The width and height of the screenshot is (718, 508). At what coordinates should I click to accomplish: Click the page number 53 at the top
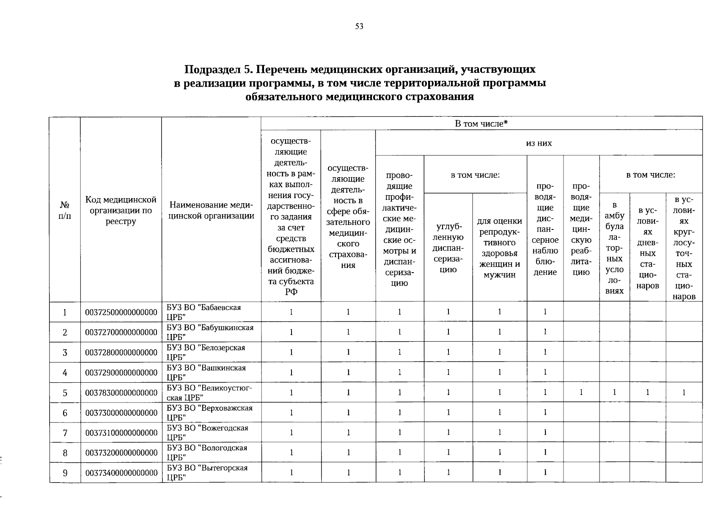point(359,27)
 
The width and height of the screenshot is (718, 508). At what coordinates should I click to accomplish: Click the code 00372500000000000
point(121,312)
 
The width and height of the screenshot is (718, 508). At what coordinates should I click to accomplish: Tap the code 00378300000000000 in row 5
point(121,393)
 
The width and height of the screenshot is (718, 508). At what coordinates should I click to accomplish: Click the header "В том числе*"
point(481,124)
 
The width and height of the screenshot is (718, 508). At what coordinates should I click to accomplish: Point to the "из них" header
point(539,143)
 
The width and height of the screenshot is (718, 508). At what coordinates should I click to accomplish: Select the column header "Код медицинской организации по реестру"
point(121,210)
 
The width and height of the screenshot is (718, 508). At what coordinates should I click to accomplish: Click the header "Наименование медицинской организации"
point(211,210)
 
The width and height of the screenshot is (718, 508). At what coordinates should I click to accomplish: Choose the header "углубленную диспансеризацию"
point(448,248)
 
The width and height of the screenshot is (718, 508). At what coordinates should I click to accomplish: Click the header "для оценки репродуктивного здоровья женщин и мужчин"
point(499,248)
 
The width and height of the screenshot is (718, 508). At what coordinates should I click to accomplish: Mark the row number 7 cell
point(65,433)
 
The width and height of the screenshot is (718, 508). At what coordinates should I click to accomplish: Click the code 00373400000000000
point(121,473)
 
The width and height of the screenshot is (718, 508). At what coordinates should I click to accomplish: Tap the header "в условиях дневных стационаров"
point(647,248)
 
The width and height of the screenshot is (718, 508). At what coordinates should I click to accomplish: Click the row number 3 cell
point(65,353)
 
